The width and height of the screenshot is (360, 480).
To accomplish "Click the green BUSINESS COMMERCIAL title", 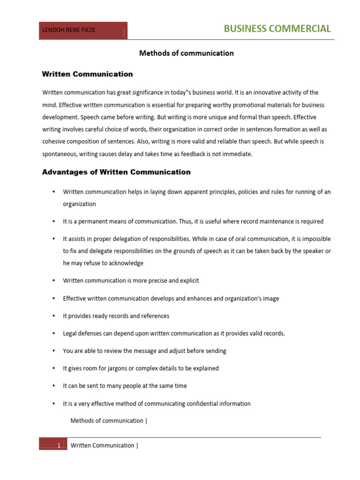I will pos(277,29).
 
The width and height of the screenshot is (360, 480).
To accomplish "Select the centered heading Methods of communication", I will pos(186,53).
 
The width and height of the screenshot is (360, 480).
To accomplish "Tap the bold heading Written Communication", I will pos(87,74).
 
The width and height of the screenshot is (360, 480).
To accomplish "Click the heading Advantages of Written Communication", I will pos(116,172).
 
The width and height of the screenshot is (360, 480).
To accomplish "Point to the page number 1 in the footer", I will pos(59,446).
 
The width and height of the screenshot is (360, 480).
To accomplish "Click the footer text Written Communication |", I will pos(104,445).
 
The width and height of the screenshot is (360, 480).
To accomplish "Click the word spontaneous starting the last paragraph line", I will pos(60,154).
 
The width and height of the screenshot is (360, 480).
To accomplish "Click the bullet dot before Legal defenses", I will pos(54,334).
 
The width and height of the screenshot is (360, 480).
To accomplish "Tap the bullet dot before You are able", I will pos(54,351).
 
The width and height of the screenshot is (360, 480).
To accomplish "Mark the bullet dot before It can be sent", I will pos(54,386).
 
